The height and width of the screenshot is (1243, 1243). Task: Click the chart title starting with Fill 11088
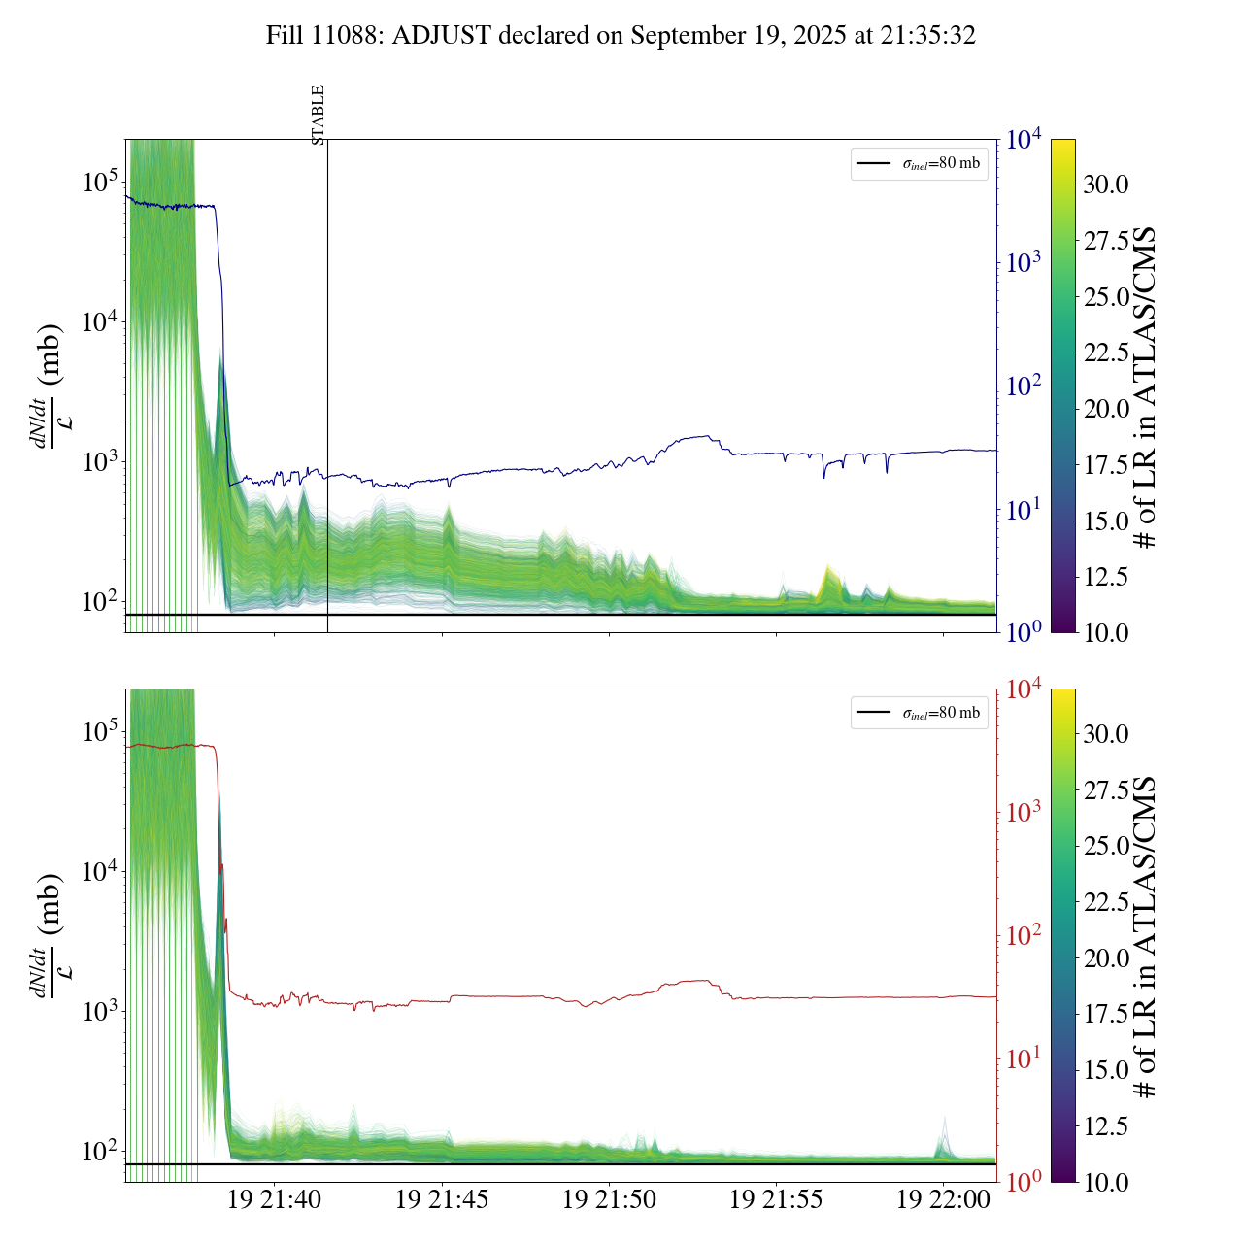(x=621, y=36)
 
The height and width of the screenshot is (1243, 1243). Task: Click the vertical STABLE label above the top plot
(x=318, y=116)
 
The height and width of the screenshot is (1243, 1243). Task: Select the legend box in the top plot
(x=919, y=163)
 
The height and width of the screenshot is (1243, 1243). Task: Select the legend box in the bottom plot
(x=919, y=713)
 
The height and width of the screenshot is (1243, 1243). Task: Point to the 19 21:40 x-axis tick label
(x=274, y=1200)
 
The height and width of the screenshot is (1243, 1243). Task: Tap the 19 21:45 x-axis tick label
(x=442, y=1200)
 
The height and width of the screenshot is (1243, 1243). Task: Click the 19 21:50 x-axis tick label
(x=609, y=1200)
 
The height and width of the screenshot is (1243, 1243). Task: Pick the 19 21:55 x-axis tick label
(x=776, y=1200)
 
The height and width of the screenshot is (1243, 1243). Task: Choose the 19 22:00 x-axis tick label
(x=943, y=1200)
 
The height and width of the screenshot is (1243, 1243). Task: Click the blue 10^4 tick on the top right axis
(x=1025, y=140)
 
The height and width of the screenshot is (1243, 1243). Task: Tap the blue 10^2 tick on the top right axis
(x=1025, y=386)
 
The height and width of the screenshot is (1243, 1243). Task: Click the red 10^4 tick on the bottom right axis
(x=1025, y=689)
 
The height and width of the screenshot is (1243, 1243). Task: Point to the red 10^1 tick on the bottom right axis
(x=1025, y=1058)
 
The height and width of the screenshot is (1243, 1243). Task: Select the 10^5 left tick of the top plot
(x=100, y=182)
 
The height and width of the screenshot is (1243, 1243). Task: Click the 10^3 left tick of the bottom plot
(x=100, y=1011)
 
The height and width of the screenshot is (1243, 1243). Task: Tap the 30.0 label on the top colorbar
(x=1106, y=185)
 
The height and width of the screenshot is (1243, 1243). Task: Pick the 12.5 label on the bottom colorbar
(x=1106, y=1126)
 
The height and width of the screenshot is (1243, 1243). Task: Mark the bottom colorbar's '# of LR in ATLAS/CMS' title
(x=1146, y=936)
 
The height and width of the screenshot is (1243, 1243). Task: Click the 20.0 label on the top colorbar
(x=1106, y=409)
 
